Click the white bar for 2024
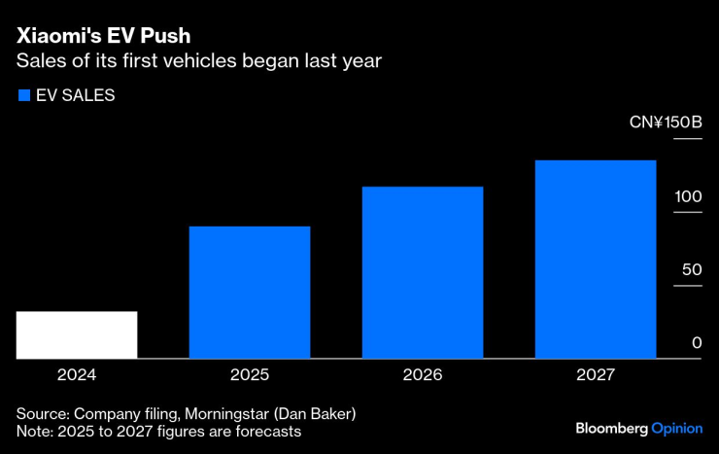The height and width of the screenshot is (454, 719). point(77,334)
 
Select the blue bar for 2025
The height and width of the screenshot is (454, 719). point(250,292)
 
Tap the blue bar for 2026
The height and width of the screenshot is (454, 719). point(423,272)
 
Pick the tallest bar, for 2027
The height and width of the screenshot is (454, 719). point(596,259)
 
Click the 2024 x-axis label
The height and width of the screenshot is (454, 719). point(77,374)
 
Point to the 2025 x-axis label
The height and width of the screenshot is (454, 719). point(250,374)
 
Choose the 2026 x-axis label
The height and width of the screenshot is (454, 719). point(423,374)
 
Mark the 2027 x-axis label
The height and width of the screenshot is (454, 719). point(596,374)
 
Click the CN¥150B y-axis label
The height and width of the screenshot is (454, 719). point(665,123)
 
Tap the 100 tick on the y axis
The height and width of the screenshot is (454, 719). point(689,196)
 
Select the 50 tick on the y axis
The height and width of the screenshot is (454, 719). point(692,269)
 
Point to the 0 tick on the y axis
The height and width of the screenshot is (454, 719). point(697,342)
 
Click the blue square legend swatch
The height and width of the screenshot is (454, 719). point(23,95)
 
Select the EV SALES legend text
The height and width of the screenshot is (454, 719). point(76,95)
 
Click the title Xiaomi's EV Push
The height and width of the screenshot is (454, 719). point(103,36)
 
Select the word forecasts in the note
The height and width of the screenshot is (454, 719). point(267,431)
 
